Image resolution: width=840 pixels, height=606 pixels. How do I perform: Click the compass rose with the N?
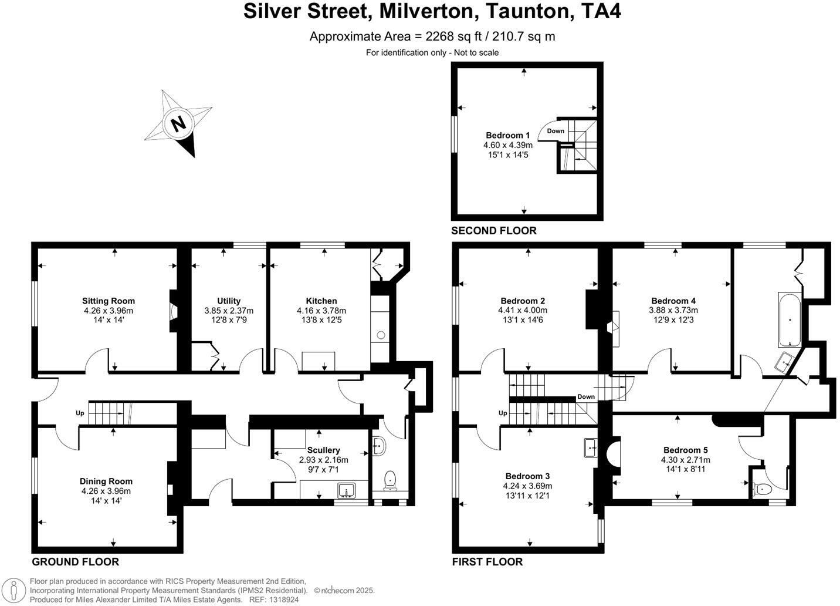tap(178, 123)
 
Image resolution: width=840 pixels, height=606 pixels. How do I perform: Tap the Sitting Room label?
tap(109, 301)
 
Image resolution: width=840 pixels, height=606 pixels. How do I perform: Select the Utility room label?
tap(229, 301)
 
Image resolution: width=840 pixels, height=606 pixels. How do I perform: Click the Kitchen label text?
tap(321, 301)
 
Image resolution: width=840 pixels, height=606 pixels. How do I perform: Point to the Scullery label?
tap(323, 450)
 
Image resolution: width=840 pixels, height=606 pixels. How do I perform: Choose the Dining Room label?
tap(106, 481)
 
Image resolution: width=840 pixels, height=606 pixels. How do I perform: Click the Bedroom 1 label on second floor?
tap(507, 135)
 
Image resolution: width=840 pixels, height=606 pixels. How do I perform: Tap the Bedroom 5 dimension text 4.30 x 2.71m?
tap(685, 460)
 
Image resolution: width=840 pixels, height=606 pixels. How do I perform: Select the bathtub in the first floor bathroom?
tap(789, 319)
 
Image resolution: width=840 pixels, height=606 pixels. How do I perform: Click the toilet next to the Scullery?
tap(389, 480)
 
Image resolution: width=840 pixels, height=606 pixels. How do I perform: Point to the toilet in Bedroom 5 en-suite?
tap(763, 489)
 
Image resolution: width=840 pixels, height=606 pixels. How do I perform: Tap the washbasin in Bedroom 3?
tap(590, 448)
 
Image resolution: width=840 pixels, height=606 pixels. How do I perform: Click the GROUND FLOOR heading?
tap(75, 562)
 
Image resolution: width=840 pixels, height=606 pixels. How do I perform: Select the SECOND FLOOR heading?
tap(493, 231)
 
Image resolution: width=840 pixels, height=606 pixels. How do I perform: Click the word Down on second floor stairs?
tap(556, 131)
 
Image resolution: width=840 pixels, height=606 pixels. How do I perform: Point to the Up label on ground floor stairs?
tap(80, 413)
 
